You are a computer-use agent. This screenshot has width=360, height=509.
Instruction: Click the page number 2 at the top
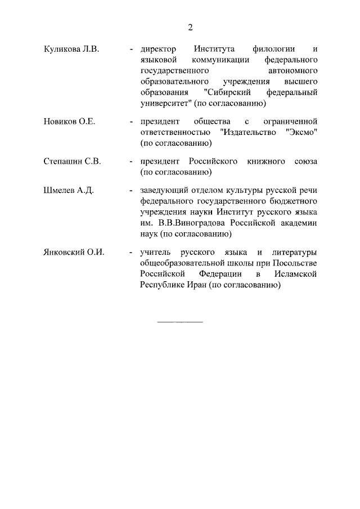point(190,28)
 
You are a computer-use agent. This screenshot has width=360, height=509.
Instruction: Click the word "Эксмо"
point(298,132)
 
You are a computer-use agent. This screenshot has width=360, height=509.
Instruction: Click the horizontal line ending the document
point(179,322)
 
